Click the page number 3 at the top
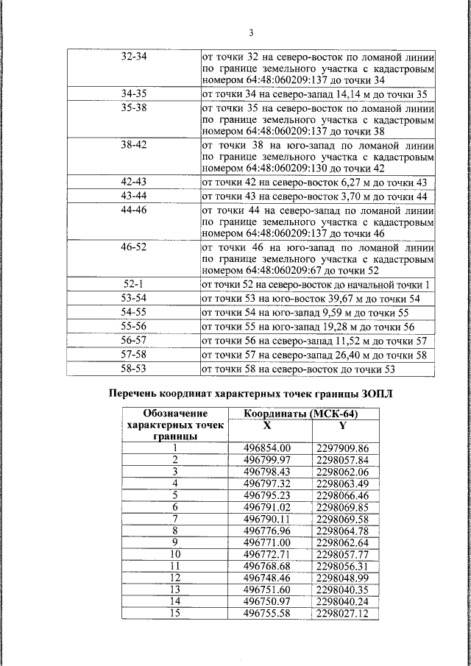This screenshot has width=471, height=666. tap(251, 33)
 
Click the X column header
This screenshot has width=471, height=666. tap(267, 425)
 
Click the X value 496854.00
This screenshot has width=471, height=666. tap(267, 448)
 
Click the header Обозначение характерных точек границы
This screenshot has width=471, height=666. tap(175, 425)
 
